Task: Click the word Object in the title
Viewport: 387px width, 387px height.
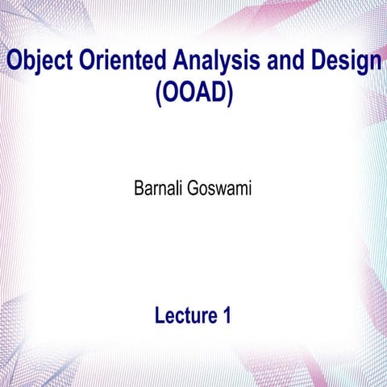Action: (34, 60)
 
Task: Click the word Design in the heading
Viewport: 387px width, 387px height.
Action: (343, 60)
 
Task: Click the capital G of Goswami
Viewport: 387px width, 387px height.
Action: (194, 193)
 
